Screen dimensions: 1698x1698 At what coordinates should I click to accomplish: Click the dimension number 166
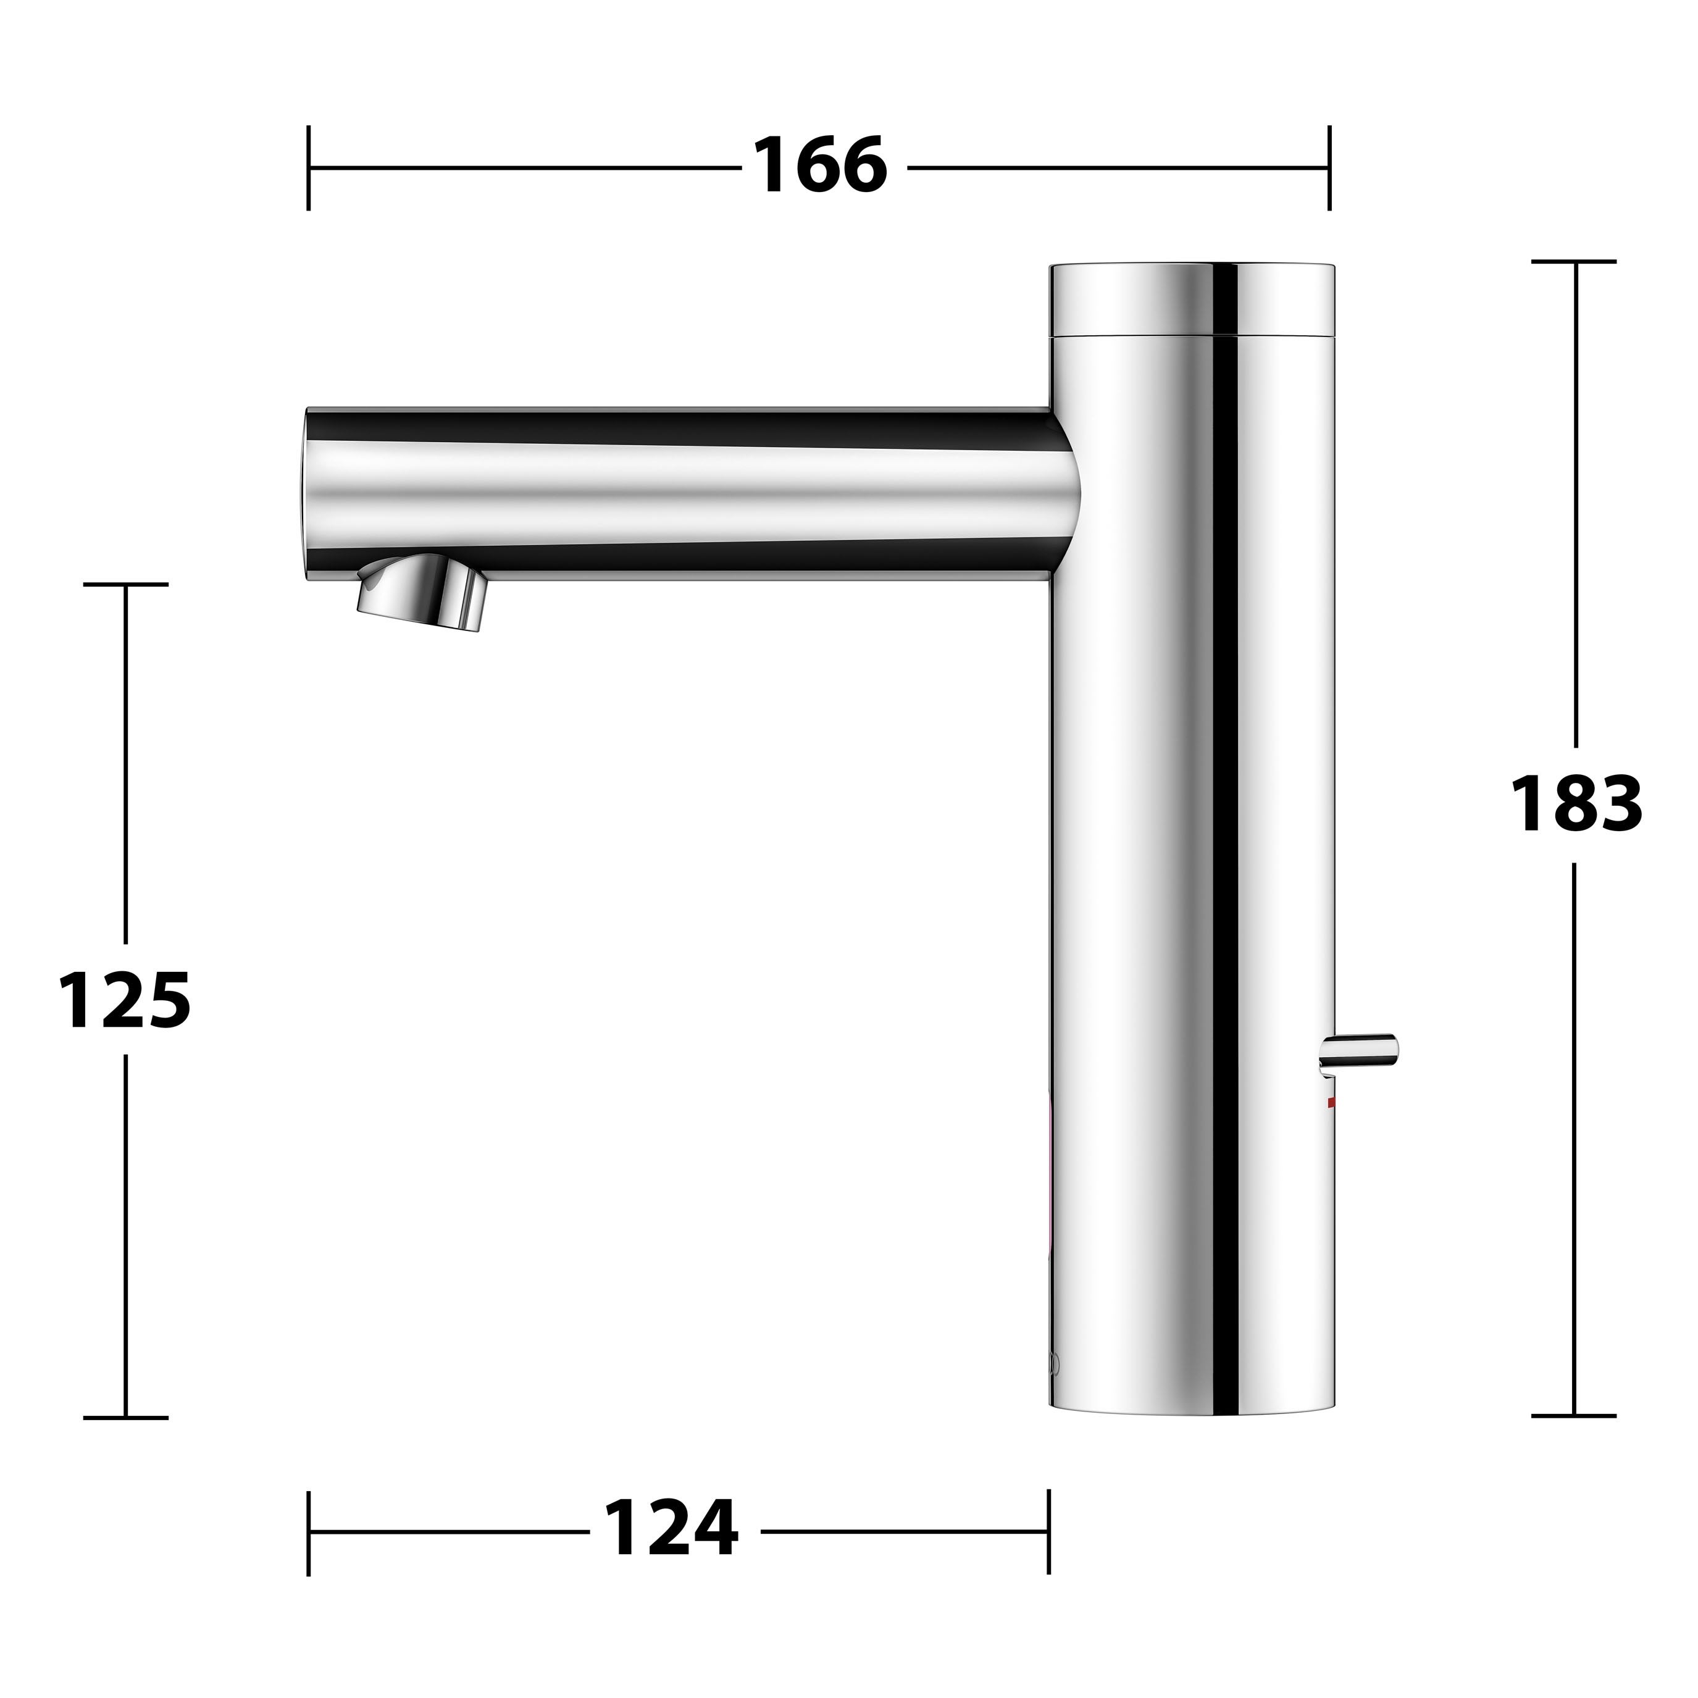[x=820, y=166]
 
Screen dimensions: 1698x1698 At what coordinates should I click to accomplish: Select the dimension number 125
[x=124, y=1000]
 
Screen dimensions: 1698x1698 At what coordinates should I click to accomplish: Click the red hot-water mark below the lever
[x=1331, y=1102]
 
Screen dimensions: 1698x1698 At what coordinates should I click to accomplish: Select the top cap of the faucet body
[x=1194, y=299]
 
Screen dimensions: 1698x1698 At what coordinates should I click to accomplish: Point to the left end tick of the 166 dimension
[x=309, y=168]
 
